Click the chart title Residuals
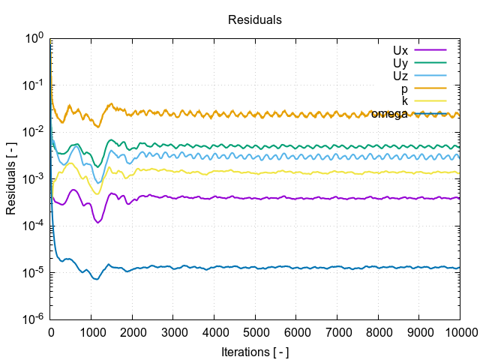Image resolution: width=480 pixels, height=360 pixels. click(255, 20)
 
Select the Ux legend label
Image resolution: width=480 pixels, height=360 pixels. click(400, 50)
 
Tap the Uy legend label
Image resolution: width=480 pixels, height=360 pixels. click(400, 63)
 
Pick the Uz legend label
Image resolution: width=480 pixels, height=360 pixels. click(400, 76)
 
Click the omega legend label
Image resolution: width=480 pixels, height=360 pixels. click(389, 114)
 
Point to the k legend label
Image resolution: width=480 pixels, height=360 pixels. click(405, 101)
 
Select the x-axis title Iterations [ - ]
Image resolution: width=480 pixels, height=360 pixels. click(255, 352)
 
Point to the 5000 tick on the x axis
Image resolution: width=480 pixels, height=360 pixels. click(255, 331)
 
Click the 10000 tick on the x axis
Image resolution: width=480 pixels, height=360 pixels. click(458, 331)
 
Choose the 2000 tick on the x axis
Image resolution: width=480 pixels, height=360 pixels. click(133, 331)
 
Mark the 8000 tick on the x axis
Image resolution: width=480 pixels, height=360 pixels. click(377, 331)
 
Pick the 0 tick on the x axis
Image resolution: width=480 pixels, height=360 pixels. click(51, 331)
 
